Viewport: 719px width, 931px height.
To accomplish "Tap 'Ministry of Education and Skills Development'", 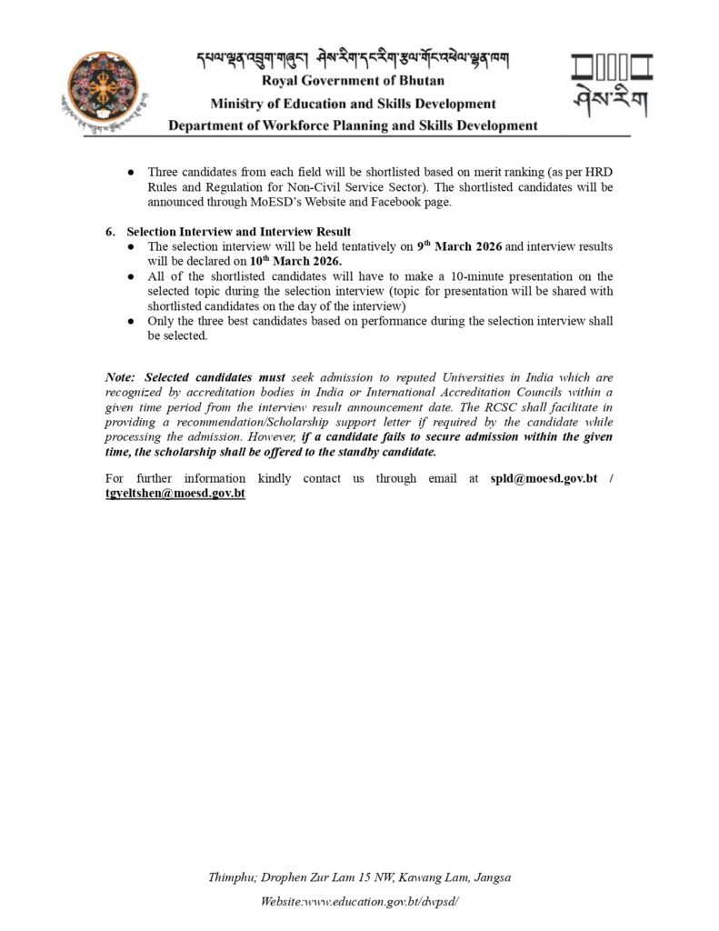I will [353, 104].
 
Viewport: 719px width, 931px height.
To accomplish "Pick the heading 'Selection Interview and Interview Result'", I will [239, 232].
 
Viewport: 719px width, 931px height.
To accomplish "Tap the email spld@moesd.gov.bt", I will [543, 478].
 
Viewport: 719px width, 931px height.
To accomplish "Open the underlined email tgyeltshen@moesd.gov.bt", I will [175, 493].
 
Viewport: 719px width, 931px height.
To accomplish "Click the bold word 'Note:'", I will [120, 376].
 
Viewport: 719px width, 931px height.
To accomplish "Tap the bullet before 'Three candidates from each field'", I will [132, 173].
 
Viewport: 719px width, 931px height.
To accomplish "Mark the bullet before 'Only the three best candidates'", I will [132, 321].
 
